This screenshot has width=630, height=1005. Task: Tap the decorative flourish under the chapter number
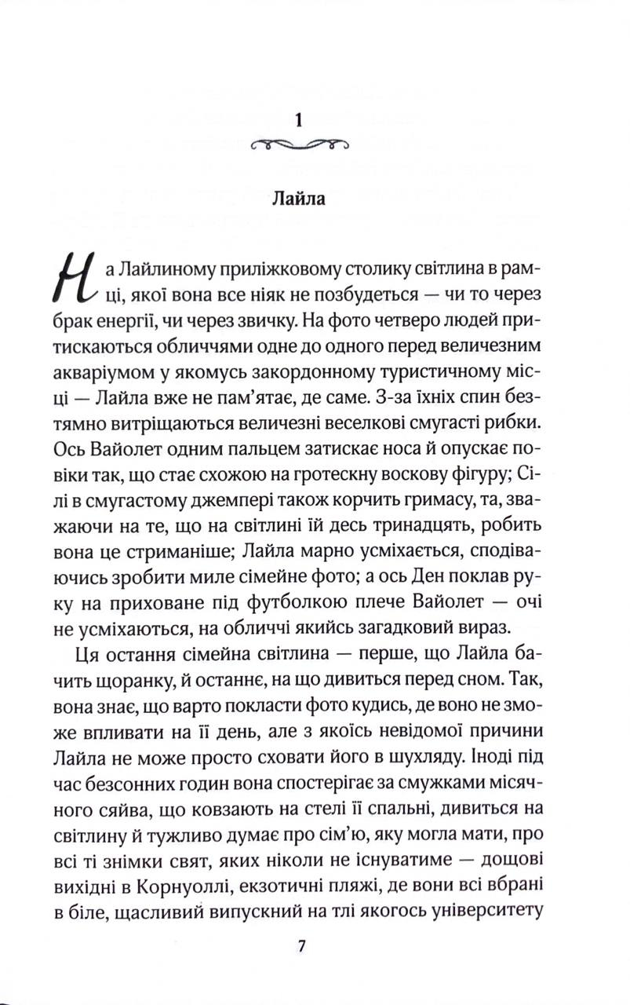(297, 144)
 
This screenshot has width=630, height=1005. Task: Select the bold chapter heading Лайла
(297, 197)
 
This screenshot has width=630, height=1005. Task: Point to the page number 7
(300, 945)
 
